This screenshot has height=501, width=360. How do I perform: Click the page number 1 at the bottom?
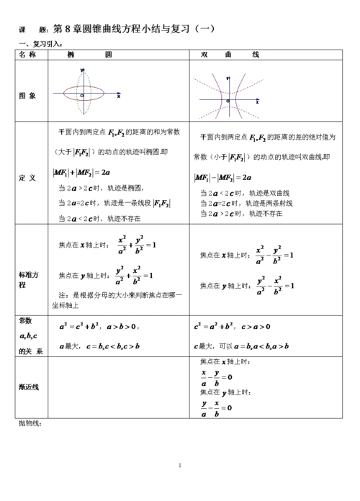pos(179,466)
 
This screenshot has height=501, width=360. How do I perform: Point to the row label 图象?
pos(28,95)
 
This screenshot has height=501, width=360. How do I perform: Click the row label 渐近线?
pos(29,387)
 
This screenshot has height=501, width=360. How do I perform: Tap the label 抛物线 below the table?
pos(31,423)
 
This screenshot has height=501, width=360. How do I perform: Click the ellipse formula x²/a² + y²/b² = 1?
pos(136,245)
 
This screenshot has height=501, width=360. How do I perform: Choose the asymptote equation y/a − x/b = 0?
pos(215,408)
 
